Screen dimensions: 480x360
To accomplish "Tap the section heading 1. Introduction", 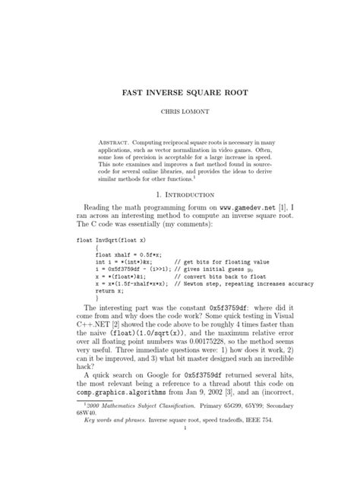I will tap(181, 193).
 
